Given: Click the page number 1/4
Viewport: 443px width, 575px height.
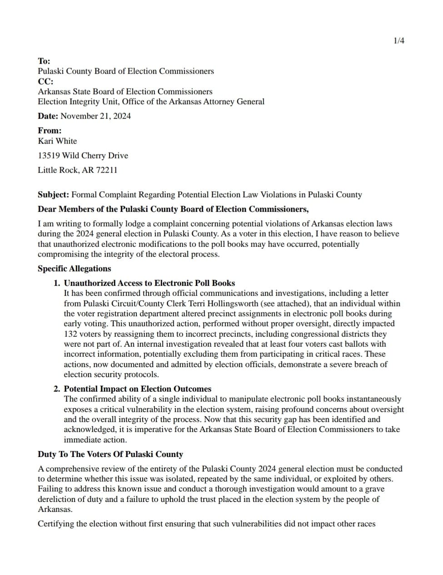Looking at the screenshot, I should (399, 41).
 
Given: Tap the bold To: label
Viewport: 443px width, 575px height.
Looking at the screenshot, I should (44, 61).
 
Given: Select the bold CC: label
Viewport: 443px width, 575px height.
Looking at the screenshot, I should (45, 81).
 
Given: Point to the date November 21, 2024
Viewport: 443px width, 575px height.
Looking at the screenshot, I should (95, 116).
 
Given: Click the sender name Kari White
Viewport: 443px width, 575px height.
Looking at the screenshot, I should (57, 141).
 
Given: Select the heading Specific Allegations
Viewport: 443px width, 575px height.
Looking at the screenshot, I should (74, 269).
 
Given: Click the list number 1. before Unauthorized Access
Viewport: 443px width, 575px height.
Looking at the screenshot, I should (57, 283).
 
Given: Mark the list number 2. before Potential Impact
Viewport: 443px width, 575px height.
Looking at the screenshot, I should (57, 389).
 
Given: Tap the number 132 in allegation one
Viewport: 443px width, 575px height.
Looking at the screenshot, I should (70, 334).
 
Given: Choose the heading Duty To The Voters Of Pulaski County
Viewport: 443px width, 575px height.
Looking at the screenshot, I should (110, 454).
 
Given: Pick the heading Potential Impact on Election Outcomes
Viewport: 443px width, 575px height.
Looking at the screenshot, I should (138, 389).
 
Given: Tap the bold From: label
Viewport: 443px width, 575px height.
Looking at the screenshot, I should (50, 131).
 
